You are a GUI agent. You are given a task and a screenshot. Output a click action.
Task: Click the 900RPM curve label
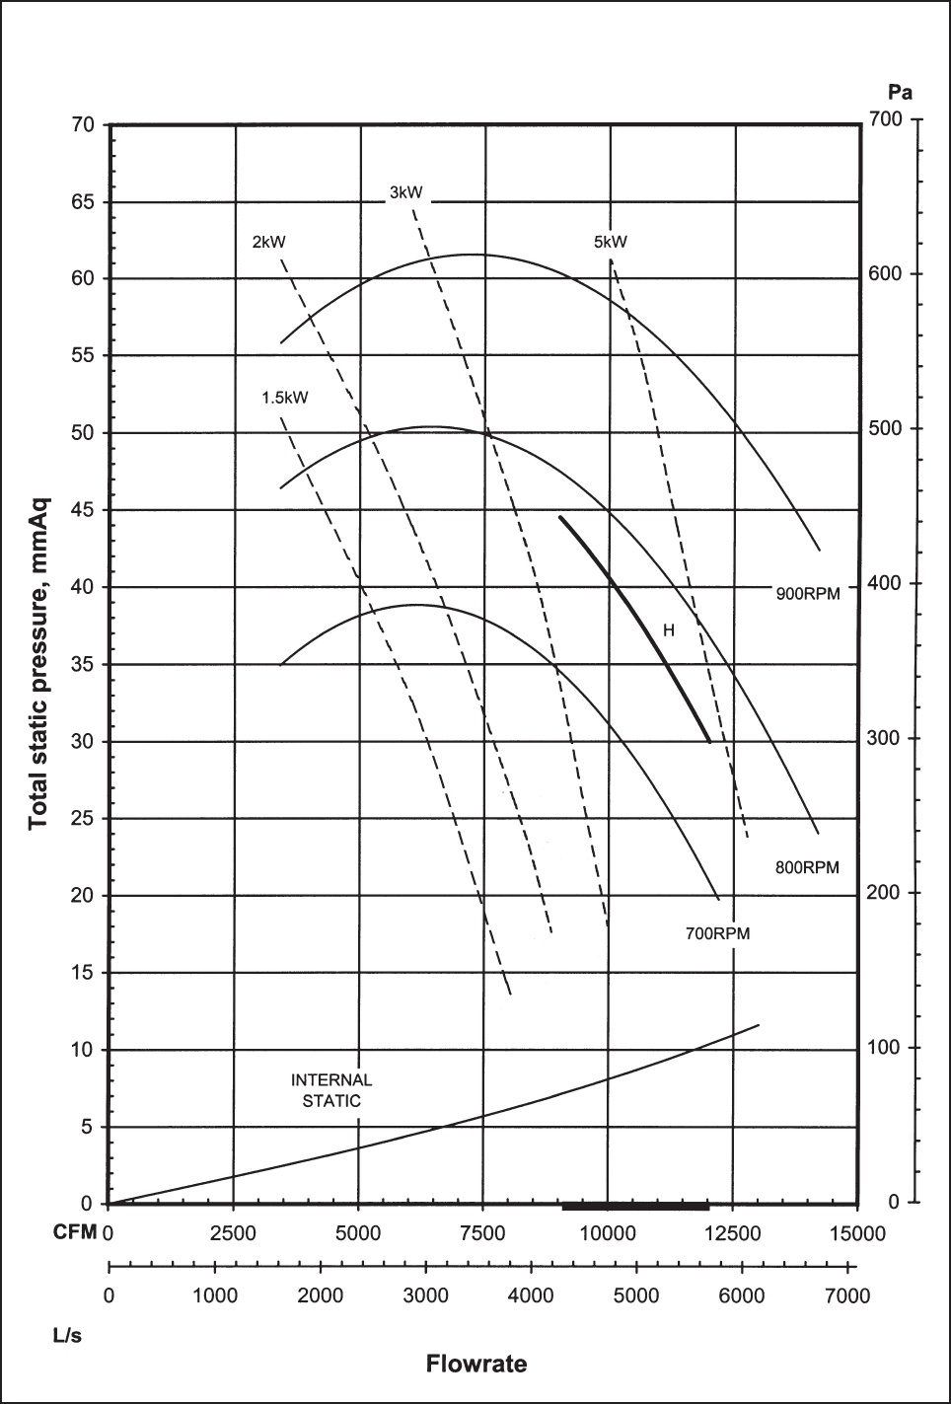(807, 594)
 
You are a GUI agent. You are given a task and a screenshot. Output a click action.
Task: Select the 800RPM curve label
(807, 868)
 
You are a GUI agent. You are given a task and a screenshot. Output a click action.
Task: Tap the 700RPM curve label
(717, 933)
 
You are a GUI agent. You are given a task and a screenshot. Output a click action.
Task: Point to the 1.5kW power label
(284, 399)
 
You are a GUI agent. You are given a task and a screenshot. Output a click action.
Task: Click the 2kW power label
(268, 242)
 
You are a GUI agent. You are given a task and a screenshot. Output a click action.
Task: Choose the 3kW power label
(405, 192)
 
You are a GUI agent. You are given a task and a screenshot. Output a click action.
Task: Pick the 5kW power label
(610, 242)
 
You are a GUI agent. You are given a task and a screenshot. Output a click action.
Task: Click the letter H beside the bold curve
(668, 630)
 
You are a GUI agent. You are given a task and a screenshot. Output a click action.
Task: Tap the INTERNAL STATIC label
(331, 1090)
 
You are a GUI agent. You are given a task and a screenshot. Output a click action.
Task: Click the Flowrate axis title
(476, 1365)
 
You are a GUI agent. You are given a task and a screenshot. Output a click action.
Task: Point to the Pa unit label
(900, 94)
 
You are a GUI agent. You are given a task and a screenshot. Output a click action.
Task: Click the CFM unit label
(74, 1233)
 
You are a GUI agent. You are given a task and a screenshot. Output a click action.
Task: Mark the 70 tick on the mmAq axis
(82, 125)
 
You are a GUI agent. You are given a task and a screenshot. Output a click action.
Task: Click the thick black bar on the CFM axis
(635, 1206)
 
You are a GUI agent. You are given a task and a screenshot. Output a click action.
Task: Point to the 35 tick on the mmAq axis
(82, 664)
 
